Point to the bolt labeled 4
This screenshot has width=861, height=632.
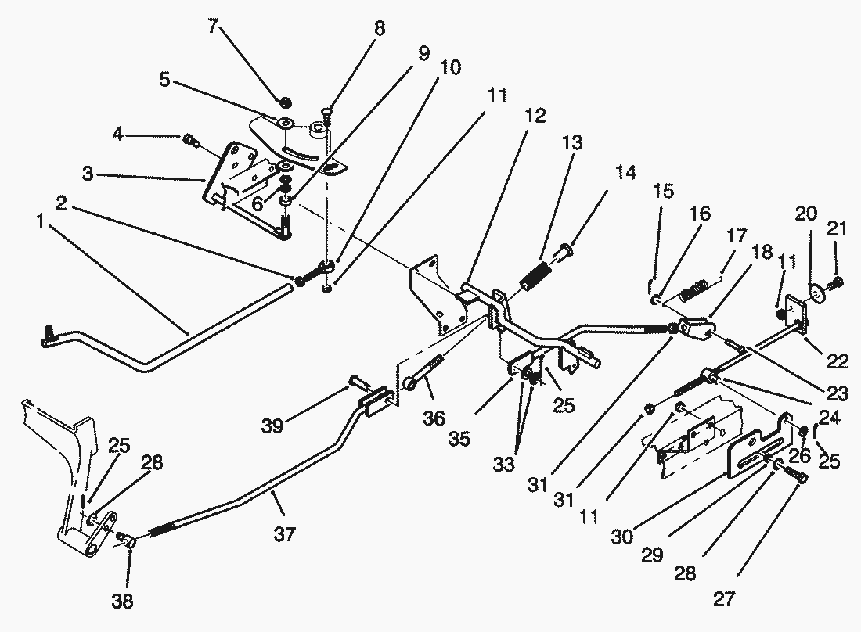point(189,141)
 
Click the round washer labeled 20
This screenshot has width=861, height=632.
point(817,292)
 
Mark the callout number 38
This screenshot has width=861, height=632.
point(122,601)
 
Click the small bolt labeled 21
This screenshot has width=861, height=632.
point(837,281)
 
